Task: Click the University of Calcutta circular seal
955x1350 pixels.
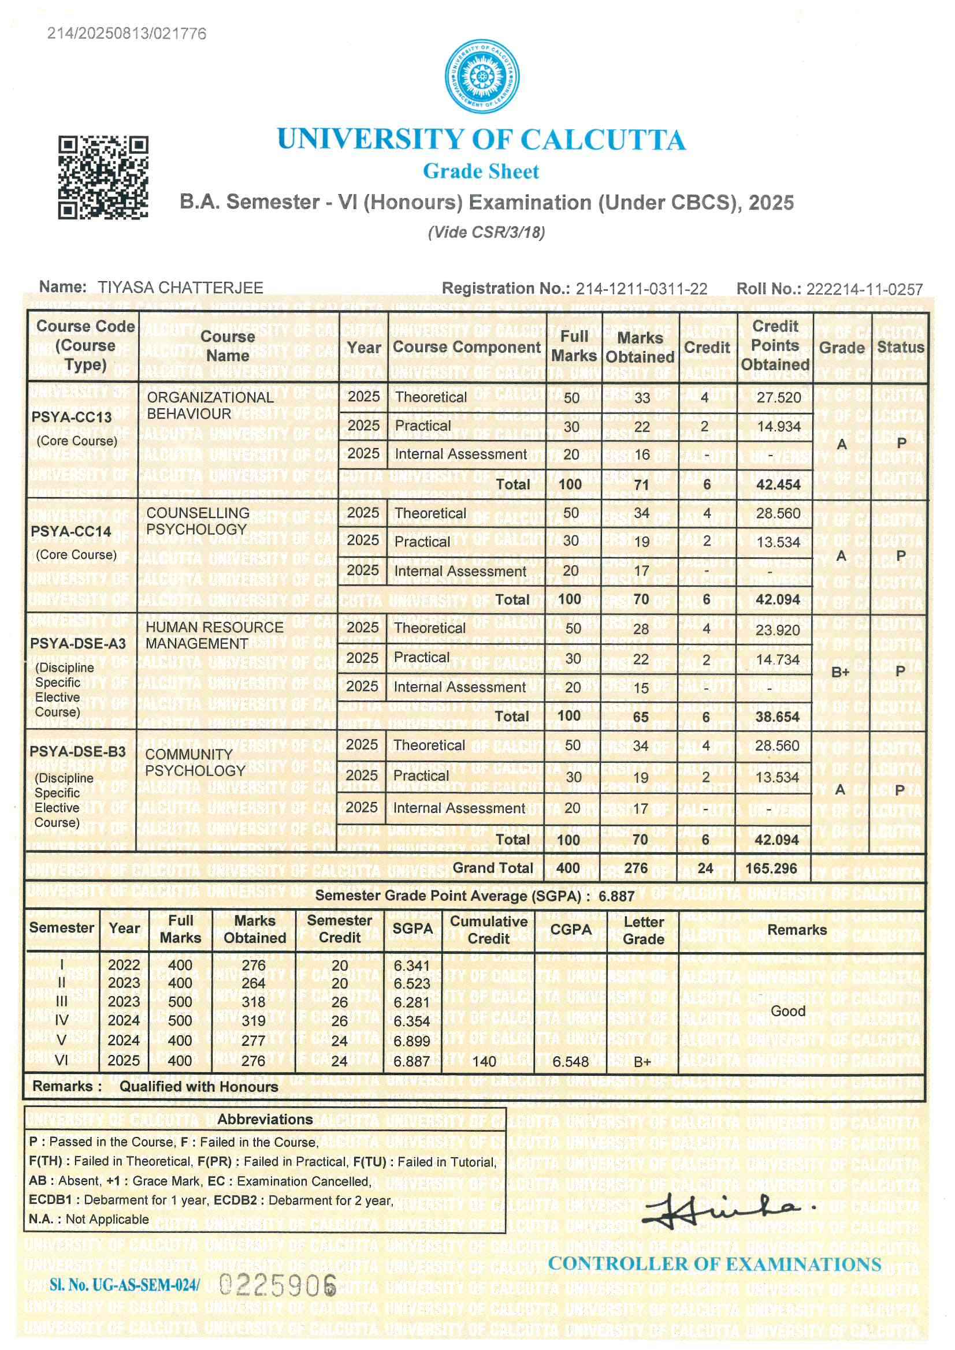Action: [x=482, y=76]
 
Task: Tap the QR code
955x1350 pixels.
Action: [x=102, y=178]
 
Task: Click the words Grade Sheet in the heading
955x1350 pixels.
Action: [x=481, y=171]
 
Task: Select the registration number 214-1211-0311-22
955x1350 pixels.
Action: [x=641, y=289]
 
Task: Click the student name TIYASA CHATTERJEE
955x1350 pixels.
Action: [x=180, y=288]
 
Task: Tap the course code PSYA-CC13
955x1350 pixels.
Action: [x=71, y=417]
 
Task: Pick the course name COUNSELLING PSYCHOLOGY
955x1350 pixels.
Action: [x=198, y=521]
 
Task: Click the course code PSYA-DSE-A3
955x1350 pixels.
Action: [x=77, y=643]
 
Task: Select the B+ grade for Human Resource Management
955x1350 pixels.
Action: [x=840, y=672]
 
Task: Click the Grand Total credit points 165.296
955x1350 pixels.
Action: [x=771, y=868]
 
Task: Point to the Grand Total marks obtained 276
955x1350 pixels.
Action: [x=636, y=868]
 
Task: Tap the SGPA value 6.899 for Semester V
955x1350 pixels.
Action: [x=411, y=1041]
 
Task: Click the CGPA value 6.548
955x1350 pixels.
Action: [x=570, y=1061]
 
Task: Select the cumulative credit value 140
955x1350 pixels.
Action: [x=484, y=1061]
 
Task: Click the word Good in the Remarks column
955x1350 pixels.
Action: [x=788, y=1010]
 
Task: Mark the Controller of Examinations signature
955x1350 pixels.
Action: [x=727, y=1213]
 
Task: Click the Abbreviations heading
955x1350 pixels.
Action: [x=265, y=1119]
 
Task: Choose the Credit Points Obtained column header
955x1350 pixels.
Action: [x=774, y=345]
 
